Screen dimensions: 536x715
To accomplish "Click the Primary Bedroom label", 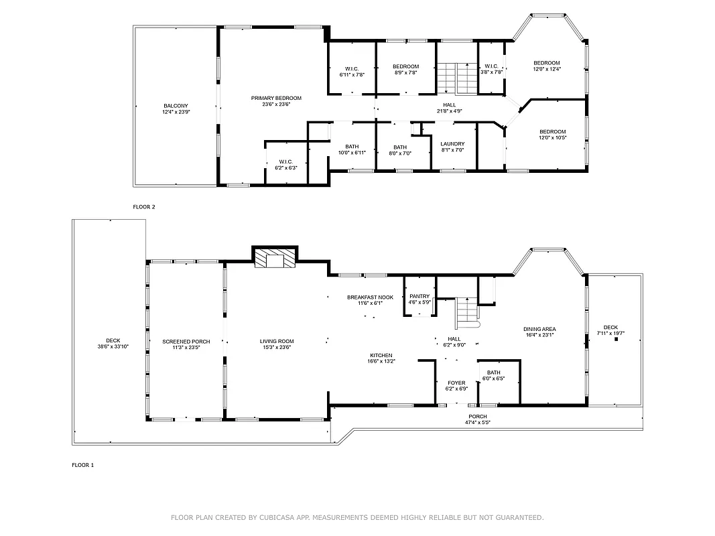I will coord(276,98).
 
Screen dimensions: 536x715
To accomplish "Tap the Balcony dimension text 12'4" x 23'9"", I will coord(176,113).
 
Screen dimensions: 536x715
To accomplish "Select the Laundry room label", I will coord(452,144).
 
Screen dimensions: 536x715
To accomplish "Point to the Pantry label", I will coord(419,296).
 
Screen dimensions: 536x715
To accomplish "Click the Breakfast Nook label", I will coord(370,297).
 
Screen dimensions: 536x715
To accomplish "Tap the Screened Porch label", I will coord(186,342).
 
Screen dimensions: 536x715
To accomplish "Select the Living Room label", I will coord(277,342).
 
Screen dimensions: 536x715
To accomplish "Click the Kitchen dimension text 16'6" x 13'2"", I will coord(381,362).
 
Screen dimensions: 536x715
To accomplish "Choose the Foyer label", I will coord(456,383).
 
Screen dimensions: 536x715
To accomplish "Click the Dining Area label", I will coord(539,329).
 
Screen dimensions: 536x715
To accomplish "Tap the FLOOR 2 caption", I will coord(144,207).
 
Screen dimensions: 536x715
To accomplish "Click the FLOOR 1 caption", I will coord(83,464).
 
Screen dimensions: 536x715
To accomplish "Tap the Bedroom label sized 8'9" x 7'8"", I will coord(405,66).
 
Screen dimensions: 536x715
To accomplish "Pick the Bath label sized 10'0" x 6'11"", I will coord(352,147).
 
